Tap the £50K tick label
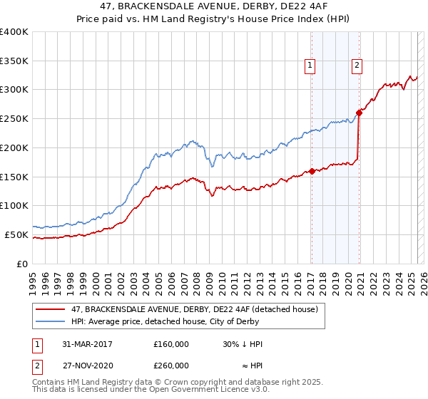[x=17, y=234]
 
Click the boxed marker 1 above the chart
[x=311, y=66]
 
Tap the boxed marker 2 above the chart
[x=357, y=66]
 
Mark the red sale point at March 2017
[x=312, y=171]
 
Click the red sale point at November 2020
[x=360, y=112]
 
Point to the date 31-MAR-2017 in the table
[x=88, y=344]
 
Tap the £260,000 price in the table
[x=171, y=365]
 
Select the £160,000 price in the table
[x=171, y=344]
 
